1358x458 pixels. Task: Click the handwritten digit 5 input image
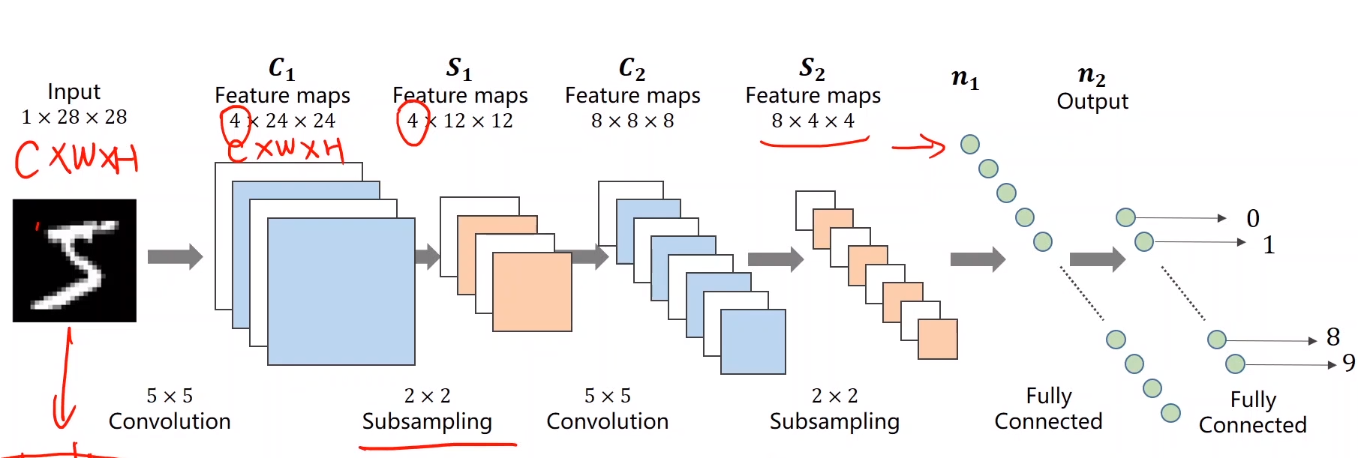coord(74,260)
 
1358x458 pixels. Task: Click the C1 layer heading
coord(282,68)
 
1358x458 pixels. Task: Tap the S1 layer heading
coord(459,68)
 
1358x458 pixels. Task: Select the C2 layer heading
coord(632,68)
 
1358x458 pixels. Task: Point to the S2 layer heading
coord(813,68)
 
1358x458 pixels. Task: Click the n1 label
coord(965,78)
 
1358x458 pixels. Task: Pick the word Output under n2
coord(1092,101)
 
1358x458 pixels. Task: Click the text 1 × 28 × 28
coord(74,118)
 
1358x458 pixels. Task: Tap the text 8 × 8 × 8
coord(632,121)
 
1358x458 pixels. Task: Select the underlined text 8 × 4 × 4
coord(813,121)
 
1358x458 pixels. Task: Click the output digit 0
coord(1253,218)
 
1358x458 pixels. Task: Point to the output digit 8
coord(1333,337)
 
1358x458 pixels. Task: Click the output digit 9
coord(1348,363)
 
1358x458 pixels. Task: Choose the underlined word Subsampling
coord(427,421)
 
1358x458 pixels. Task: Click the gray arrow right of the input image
coord(175,257)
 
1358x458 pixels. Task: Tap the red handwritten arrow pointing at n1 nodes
coord(919,146)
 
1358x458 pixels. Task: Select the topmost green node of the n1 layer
coord(970,144)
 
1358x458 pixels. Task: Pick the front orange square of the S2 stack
coord(938,339)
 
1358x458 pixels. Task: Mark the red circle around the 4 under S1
coord(412,122)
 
